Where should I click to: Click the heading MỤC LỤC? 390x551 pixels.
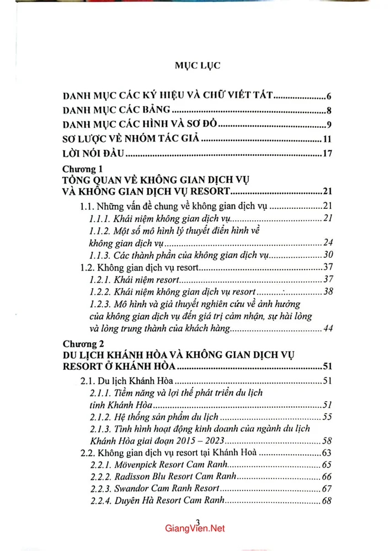tap(197, 66)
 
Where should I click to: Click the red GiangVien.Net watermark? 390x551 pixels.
tap(195, 528)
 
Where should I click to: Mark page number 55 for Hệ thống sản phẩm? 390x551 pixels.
tap(325, 417)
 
